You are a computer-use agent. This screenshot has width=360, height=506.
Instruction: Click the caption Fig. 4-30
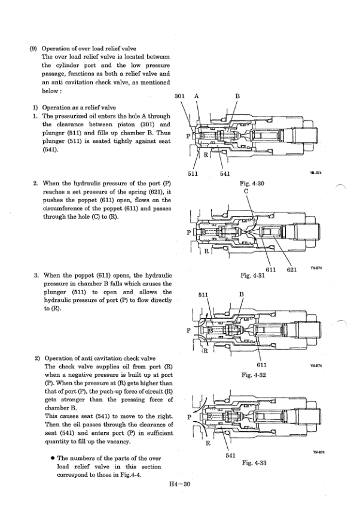coord(251,184)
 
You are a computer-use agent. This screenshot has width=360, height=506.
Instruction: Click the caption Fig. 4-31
coord(251,276)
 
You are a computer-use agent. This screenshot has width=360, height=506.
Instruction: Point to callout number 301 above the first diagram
coord(179,96)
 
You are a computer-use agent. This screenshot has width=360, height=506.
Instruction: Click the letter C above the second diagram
coord(246,191)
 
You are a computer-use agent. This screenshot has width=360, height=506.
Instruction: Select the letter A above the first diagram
coord(196,96)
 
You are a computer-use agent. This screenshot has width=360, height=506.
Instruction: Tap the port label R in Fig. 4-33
coord(208,443)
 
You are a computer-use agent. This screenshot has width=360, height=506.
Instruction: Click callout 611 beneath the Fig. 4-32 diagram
coord(261,365)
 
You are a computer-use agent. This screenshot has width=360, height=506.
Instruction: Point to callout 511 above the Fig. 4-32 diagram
coord(203,294)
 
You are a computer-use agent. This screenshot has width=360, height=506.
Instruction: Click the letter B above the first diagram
coord(237,96)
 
